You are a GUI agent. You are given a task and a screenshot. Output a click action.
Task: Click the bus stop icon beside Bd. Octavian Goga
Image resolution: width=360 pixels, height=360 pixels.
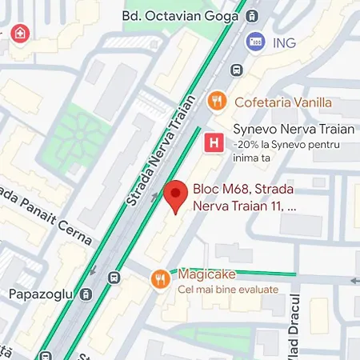tap(253, 15)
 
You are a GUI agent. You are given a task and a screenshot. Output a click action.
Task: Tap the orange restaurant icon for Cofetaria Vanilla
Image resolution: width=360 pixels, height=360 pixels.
tap(214, 102)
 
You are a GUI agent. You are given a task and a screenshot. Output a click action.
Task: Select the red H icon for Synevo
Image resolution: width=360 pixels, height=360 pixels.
tap(213, 142)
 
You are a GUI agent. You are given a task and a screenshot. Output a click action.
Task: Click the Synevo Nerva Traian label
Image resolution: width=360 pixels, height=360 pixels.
tap(282, 129)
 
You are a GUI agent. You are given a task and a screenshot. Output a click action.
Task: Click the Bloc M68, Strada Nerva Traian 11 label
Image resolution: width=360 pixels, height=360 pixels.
tap(245, 198)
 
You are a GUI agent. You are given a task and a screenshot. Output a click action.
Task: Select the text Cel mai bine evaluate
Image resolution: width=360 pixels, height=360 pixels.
tap(228, 289)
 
